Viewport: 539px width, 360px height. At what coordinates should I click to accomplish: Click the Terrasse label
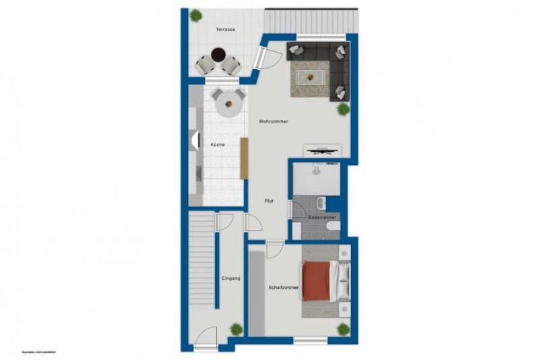click(225, 30)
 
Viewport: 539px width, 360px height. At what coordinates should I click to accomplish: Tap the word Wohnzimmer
click(274, 121)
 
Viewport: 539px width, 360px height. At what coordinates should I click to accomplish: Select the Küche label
click(218, 145)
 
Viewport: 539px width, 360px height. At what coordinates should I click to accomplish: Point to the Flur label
click(268, 201)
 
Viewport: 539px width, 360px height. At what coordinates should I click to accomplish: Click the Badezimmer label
click(322, 218)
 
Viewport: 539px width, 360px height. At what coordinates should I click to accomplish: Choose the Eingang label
click(231, 278)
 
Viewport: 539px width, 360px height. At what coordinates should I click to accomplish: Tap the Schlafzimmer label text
click(283, 287)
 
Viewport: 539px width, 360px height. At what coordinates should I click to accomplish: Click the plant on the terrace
click(195, 15)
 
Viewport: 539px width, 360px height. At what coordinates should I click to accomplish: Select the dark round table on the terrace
click(218, 54)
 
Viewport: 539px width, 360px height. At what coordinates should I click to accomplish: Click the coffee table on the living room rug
click(311, 76)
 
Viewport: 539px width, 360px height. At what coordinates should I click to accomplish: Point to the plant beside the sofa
click(343, 108)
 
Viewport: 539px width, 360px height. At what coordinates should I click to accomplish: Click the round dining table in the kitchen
click(229, 104)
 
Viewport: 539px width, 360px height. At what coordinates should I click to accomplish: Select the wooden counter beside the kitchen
click(245, 158)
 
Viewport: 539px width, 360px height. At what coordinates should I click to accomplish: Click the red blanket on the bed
click(317, 280)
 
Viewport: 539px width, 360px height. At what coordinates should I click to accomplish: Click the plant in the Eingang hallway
click(236, 329)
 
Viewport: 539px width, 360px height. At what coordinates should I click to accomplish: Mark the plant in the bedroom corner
click(344, 329)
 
